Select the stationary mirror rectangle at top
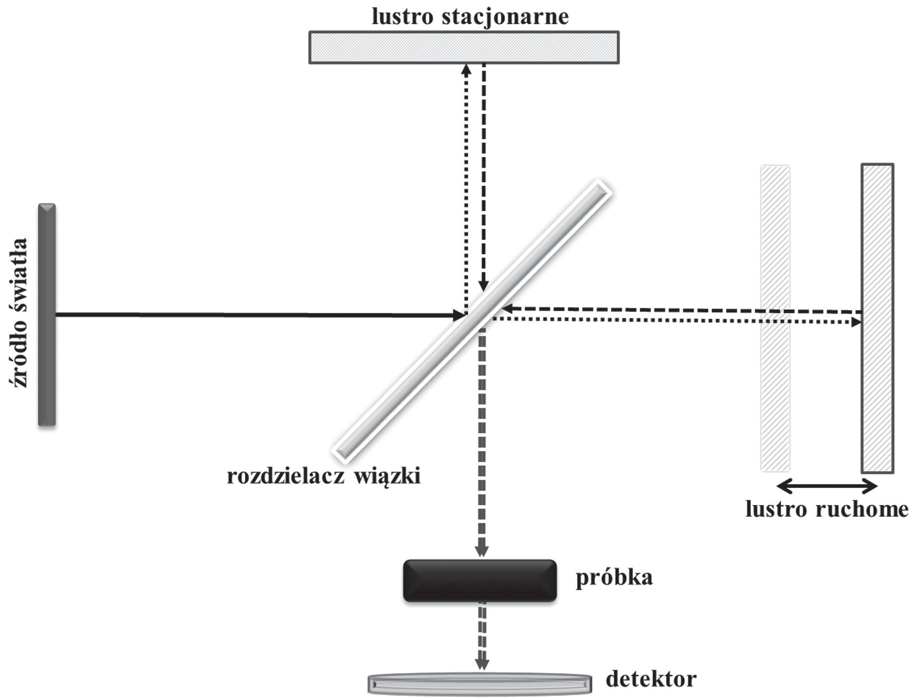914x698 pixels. [x=464, y=47]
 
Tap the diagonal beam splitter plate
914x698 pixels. [x=472, y=320]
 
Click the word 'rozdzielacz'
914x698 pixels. [x=285, y=476]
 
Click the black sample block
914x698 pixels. [x=480, y=580]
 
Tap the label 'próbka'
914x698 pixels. [x=614, y=577]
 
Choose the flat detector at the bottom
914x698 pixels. [x=479, y=684]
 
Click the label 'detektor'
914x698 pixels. [x=651, y=679]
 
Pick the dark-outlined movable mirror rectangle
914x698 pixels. [x=877, y=318]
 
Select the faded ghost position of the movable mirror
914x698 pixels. [x=775, y=318]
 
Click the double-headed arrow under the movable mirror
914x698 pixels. [x=827, y=487]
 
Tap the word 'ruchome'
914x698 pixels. [x=861, y=509]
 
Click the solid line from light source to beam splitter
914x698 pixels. [x=252, y=315]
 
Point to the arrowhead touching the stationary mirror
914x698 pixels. [x=467, y=69]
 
